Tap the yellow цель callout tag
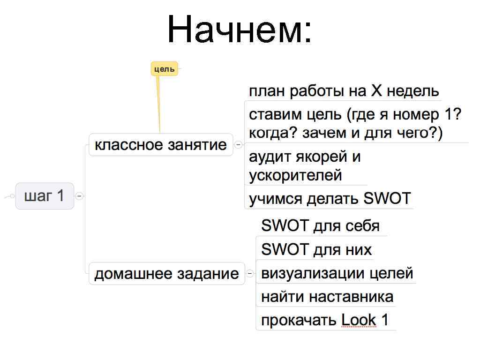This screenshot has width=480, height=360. [x=164, y=69]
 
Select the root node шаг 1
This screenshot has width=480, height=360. [x=45, y=195]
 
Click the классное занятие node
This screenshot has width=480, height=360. [x=161, y=144]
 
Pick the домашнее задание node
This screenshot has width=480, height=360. [x=166, y=273]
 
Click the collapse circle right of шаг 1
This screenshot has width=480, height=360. [x=80, y=196]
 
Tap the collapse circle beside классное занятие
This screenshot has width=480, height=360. [x=239, y=145]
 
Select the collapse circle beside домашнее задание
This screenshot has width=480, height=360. [x=250, y=273]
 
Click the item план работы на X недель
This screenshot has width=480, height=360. [x=344, y=91]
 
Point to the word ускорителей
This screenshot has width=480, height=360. [x=295, y=176]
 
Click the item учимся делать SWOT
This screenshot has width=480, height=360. [x=330, y=199]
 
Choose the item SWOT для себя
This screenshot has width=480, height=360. [x=320, y=226]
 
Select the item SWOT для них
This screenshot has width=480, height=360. [x=316, y=249]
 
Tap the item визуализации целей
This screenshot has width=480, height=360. [x=337, y=273]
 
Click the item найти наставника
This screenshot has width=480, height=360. [x=327, y=297]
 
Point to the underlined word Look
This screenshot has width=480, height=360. [x=359, y=320]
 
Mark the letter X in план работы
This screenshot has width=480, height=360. [x=377, y=91]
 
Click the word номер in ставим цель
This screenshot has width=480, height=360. [x=415, y=115]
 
